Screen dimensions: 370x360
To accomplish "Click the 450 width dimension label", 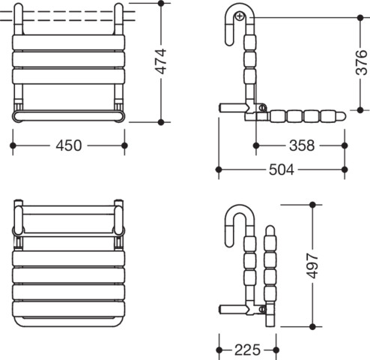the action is (69, 145).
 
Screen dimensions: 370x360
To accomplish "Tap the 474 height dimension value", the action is (161, 61).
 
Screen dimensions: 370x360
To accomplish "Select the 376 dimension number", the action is (361, 63).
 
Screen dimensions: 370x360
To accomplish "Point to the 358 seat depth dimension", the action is (302, 145).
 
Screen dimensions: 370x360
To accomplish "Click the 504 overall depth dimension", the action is (282, 169).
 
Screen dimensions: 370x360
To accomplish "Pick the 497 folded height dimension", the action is (312, 265).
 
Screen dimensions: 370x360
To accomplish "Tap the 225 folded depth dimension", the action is (247, 349).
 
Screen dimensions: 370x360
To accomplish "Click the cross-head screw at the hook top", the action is (240, 16).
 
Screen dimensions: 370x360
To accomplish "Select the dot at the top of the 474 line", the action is (161, 4).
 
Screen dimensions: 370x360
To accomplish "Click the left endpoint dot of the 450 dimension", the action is (13, 145).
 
